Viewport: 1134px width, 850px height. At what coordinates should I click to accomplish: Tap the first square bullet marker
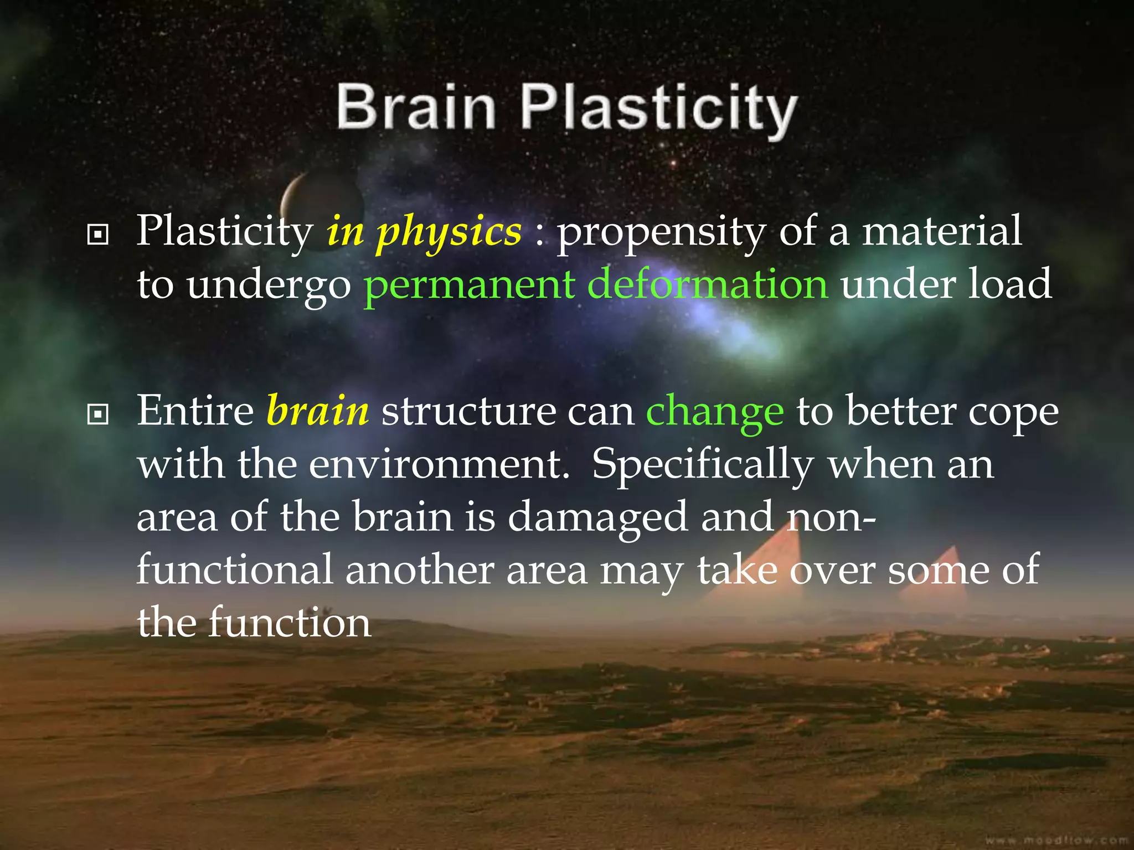coord(98,235)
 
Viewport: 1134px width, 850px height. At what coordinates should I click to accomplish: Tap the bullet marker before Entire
coord(98,414)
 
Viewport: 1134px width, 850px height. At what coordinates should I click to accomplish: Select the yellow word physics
coord(449,232)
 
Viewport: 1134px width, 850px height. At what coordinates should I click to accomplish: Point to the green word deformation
coord(708,284)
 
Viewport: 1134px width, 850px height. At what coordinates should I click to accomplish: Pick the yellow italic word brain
coord(317,411)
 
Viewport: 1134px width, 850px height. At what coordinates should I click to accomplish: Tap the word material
coord(941,231)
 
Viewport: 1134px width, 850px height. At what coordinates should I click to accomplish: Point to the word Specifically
coord(703,465)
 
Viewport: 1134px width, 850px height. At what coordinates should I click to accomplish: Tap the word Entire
coord(195,411)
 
